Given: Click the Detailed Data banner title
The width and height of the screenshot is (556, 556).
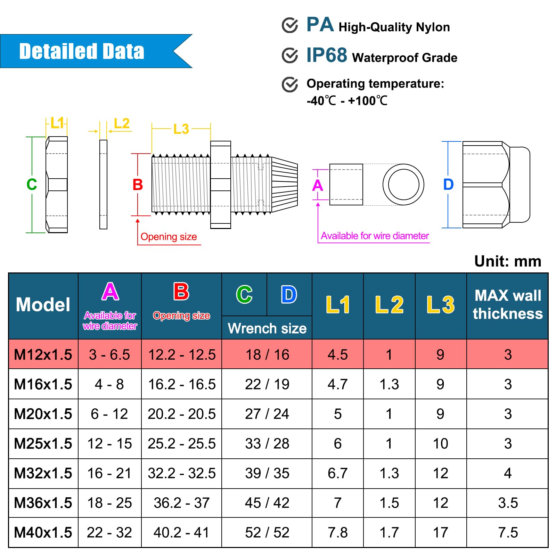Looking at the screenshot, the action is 82,51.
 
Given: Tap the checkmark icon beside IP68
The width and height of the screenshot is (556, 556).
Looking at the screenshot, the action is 290,55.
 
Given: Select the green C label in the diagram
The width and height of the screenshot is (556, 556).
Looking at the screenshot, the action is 32,184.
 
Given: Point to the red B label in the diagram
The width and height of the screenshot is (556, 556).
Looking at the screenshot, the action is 138,185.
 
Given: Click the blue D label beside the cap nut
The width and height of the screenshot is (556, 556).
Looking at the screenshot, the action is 448,185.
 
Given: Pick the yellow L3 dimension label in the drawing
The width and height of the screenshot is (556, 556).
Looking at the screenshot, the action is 181,129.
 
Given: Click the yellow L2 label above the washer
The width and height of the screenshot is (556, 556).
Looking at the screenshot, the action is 122,123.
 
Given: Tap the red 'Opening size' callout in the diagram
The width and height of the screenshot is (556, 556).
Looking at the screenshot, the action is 169,237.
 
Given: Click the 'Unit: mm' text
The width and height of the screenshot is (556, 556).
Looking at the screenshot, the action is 508,261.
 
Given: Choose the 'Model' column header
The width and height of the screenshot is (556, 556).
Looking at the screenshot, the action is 43,305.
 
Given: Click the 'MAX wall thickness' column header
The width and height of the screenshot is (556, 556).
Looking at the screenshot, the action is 508,305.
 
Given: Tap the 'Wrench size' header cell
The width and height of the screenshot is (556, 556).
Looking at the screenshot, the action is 267,328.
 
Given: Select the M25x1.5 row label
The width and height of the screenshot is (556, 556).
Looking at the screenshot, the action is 43,444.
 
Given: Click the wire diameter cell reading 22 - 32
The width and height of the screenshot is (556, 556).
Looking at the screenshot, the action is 109,532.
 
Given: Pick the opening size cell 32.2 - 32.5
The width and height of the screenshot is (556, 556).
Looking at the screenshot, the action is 182,473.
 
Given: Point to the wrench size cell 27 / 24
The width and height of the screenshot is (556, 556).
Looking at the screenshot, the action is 267,414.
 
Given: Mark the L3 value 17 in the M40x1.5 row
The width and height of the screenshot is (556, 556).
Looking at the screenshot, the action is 440,532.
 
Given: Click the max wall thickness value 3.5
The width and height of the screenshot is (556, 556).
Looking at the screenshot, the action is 508,503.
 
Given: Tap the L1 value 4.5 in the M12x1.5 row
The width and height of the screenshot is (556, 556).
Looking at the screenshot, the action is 337,355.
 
